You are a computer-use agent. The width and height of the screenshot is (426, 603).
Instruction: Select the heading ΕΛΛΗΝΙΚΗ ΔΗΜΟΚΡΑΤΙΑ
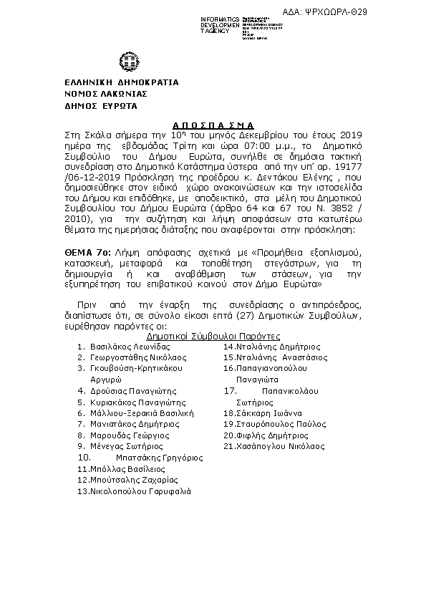point(112,82)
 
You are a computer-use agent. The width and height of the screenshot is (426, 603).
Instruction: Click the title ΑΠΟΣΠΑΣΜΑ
point(213,123)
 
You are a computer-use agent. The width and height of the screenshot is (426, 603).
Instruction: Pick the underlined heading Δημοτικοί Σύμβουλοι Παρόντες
point(213,336)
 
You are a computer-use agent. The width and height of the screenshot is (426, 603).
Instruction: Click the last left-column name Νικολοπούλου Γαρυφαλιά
point(140,491)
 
